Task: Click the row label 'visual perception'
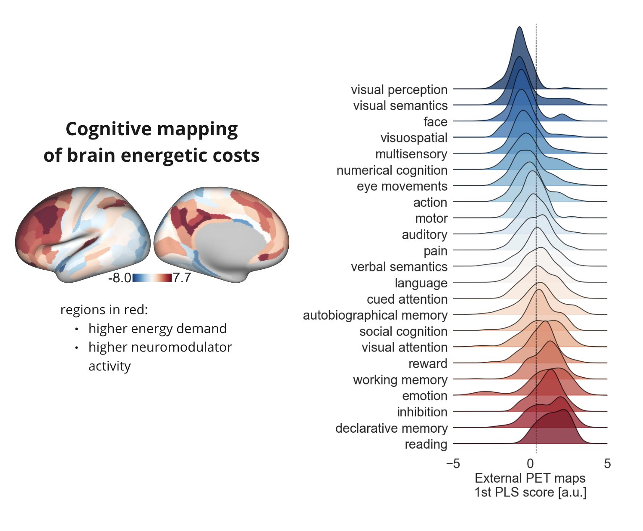pos(399,89)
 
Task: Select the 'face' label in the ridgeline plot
pos(435,122)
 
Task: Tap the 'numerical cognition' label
pos(392,170)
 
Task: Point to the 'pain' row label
pos(435,251)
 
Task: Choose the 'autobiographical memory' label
pos(375,315)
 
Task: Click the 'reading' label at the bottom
pos(426,444)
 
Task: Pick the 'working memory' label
pos(400,380)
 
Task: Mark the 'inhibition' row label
pos(422,412)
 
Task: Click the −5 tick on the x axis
pos(452,464)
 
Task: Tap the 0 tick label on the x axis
pos(531,464)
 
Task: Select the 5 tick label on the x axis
pos(607,464)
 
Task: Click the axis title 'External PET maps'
pos(530,478)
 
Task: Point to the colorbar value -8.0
pos(119,278)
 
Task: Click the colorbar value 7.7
pos(182,278)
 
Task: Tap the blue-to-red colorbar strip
pos(152,278)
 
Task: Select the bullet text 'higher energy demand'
pos(157,329)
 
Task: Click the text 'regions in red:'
pos(104,310)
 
